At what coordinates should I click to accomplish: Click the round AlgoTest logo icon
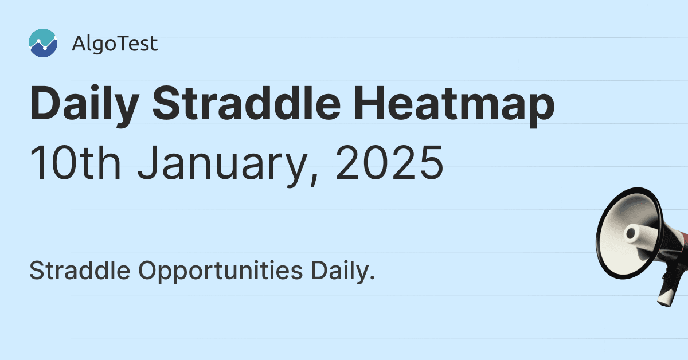pyautogui.click(x=43, y=43)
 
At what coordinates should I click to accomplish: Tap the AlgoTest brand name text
pyautogui.click(x=115, y=44)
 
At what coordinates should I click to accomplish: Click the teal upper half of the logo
pyautogui.click(x=40, y=36)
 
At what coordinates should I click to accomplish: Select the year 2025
pyautogui.click(x=390, y=162)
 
